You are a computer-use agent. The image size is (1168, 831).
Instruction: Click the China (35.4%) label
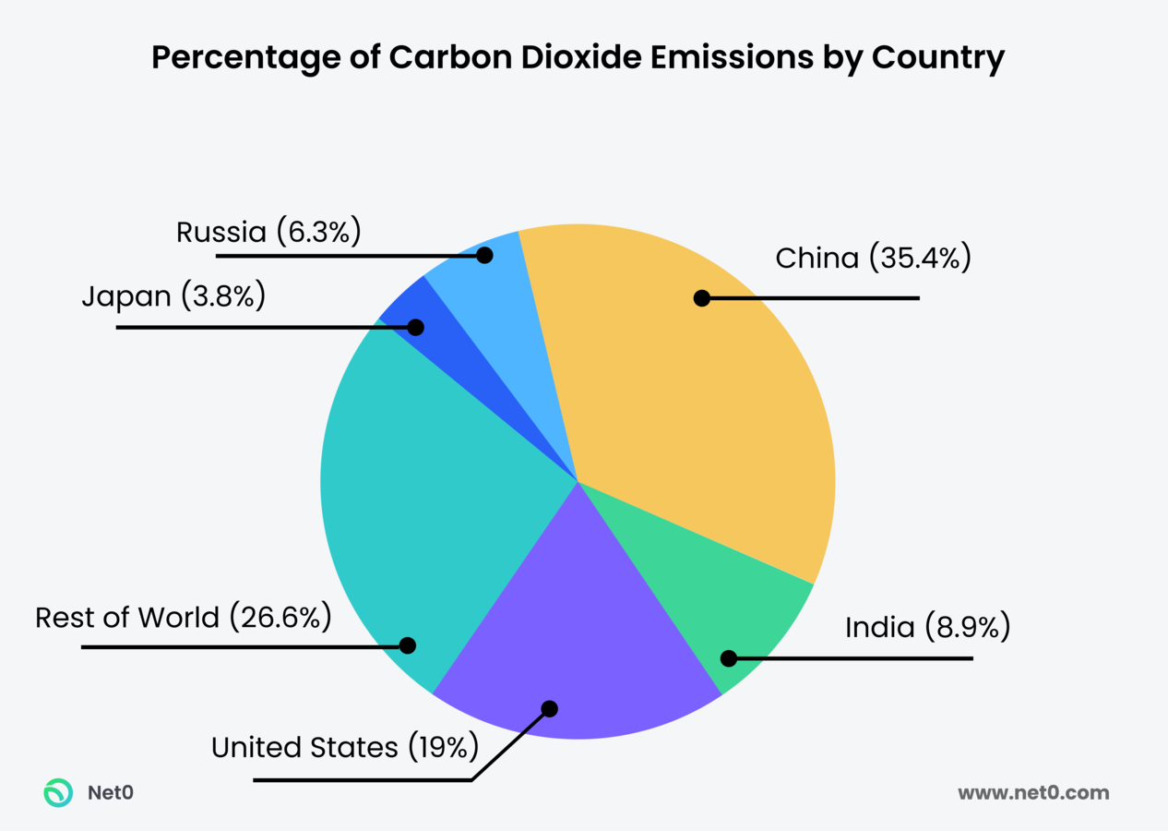[873, 259]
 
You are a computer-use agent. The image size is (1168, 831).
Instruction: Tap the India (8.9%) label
[927, 628]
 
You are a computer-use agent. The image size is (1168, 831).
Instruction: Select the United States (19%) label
[344, 747]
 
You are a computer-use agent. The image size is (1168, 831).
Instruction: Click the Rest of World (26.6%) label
[183, 617]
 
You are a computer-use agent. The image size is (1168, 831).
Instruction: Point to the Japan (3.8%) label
[173, 296]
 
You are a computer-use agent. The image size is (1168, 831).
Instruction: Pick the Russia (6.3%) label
[268, 232]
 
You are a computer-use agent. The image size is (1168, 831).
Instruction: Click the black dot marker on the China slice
[701, 298]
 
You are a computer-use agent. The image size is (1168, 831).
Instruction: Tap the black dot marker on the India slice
[728, 658]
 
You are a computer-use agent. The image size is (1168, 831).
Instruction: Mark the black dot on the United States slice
[549, 709]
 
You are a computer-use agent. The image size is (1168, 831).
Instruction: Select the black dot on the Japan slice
[415, 327]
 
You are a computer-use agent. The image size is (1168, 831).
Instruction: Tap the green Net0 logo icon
[58, 792]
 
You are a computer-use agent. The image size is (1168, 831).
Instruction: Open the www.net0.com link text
[1033, 792]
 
